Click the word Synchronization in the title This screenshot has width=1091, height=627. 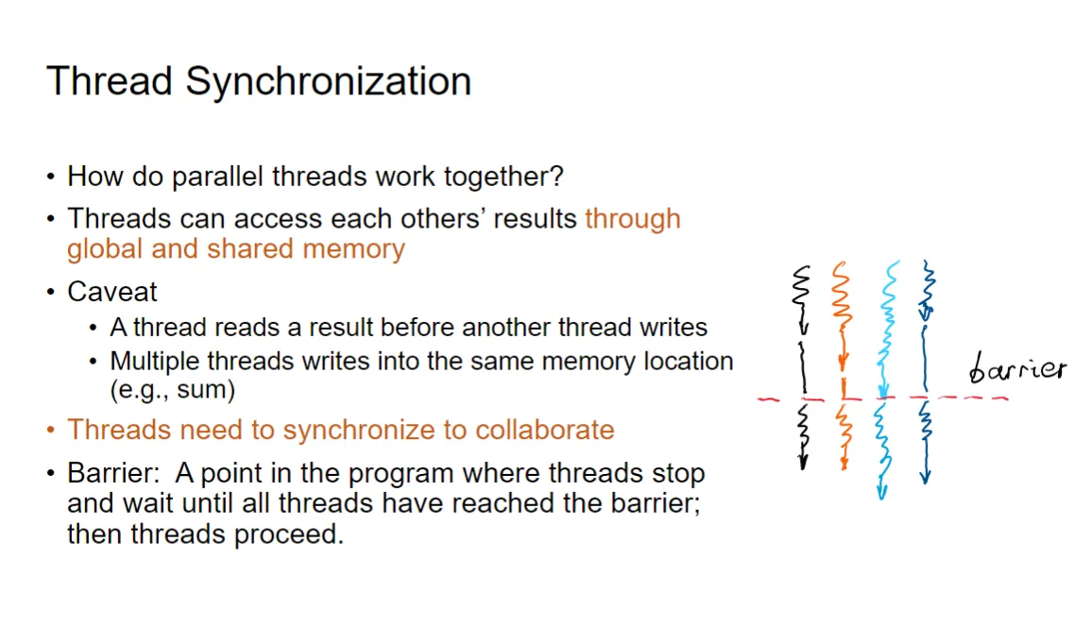[x=329, y=82]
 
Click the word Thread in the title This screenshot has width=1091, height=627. [x=110, y=80]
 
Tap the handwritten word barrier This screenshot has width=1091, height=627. [x=1017, y=366]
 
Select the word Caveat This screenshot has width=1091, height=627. [x=112, y=292]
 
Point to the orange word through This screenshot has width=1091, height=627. [x=633, y=219]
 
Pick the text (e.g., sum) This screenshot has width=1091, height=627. [x=173, y=389]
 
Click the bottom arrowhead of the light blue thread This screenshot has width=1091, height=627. [x=881, y=491]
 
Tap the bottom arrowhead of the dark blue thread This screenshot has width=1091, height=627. [x=925, y=477]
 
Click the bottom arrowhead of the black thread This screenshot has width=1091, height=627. [x=803, y=462]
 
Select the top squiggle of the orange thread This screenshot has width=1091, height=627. [x=842, y=293]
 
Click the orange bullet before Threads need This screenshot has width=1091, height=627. [x=50, y=430]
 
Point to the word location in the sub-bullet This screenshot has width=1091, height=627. [x=689, y=361]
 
